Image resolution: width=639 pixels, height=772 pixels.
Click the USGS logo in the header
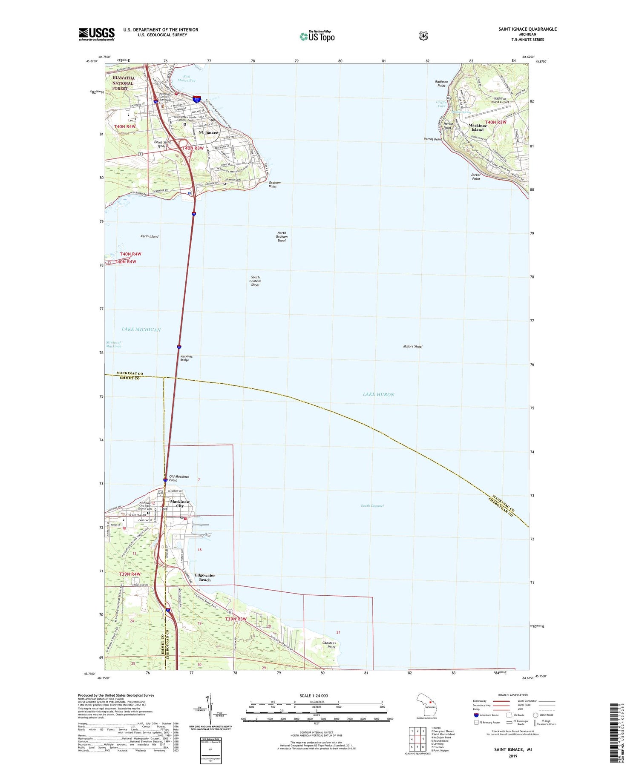97,34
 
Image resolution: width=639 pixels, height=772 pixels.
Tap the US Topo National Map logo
317,36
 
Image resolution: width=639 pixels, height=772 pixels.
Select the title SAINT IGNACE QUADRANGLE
527,29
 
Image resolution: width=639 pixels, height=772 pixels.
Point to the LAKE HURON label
378,394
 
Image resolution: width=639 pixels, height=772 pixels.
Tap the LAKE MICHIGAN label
141,330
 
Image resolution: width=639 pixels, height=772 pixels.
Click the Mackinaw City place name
180,504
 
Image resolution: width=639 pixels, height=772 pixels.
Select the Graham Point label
274,184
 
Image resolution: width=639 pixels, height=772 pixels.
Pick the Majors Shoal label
412,347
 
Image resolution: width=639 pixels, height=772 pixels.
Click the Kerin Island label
149,236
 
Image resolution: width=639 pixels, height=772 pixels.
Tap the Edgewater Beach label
205,577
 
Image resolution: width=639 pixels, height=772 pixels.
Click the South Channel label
372,506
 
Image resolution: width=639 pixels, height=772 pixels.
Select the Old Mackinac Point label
179,479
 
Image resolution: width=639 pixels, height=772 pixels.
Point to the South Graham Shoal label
255,281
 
